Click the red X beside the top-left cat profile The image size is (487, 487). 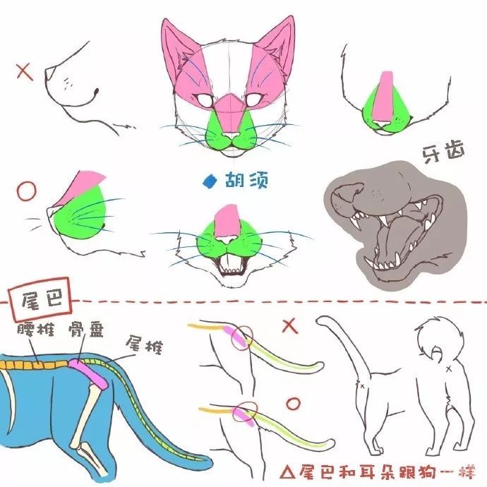[x=25, y=72]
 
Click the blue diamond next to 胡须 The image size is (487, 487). [x=210, y=181]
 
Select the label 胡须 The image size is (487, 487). [x=246, y=181]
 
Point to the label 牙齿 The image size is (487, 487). [x=443, y=152]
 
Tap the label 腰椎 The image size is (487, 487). [x=36, y=330]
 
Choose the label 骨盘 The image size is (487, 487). [x=86, y=330]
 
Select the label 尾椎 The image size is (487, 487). [x=144, y=344]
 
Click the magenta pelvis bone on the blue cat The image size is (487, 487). [x=88, y=373]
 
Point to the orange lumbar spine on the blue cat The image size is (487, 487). [x=34, y=365]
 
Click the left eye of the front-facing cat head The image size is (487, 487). [x=205, y=100]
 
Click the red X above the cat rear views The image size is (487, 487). [x=290, y=326]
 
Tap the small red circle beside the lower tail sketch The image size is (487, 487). [x=293, y=404]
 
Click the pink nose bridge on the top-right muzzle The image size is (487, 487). [x=386, y=96]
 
